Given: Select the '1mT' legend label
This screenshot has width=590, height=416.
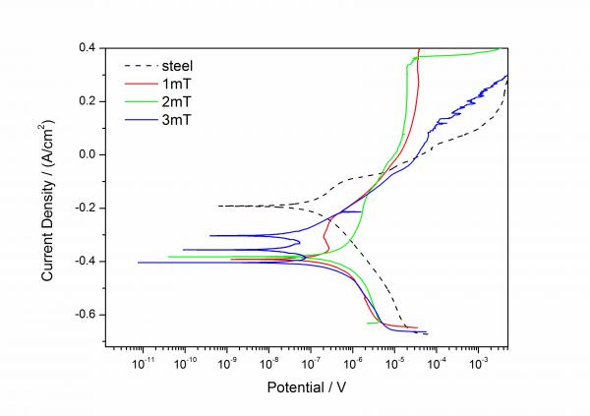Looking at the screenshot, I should pyautogui.click(x=177, y=84).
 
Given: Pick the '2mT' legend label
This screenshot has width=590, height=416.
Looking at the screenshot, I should pyautogui.click(x=177, y=101).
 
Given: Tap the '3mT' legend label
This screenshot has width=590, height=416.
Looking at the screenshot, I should pyautogui.click(x=177, y=119).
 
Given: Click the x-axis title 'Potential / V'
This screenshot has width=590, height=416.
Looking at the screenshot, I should pyautogui.click(x=306, y=388).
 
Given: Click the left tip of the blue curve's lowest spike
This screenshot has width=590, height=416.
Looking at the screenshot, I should pyautogui.click(x=139, y=263).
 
